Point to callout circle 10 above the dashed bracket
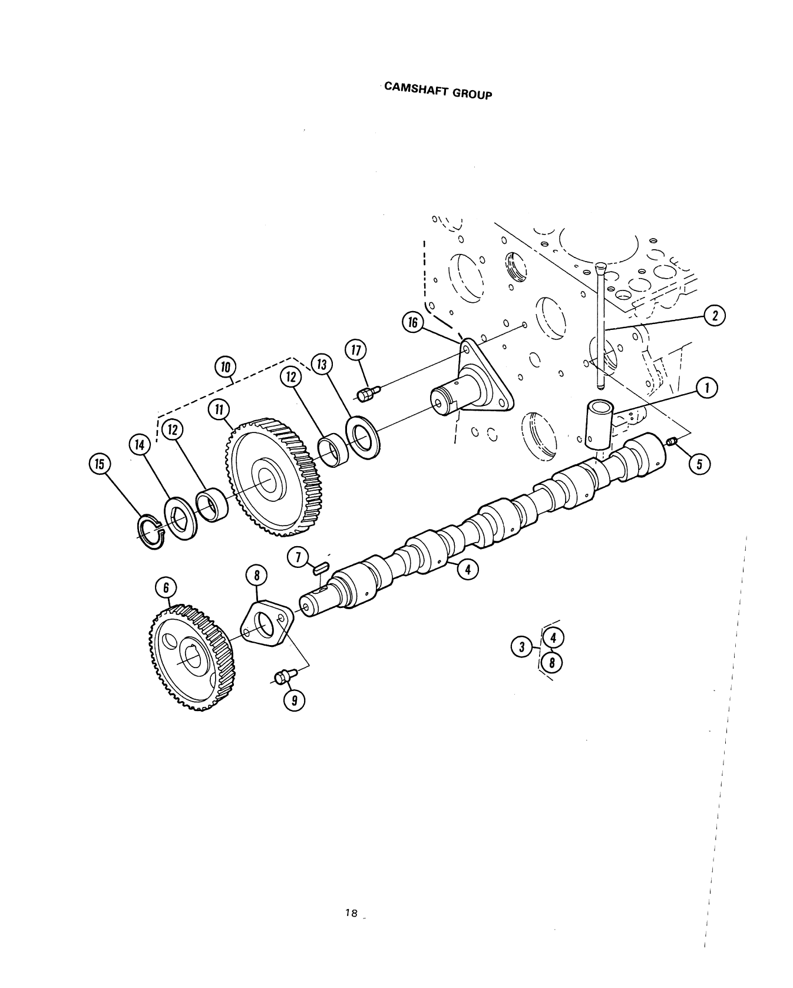224,368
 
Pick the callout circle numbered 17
356,351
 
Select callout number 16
412,322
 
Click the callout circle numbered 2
715,316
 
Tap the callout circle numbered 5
699,464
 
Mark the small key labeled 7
320,568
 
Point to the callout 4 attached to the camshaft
467,570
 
